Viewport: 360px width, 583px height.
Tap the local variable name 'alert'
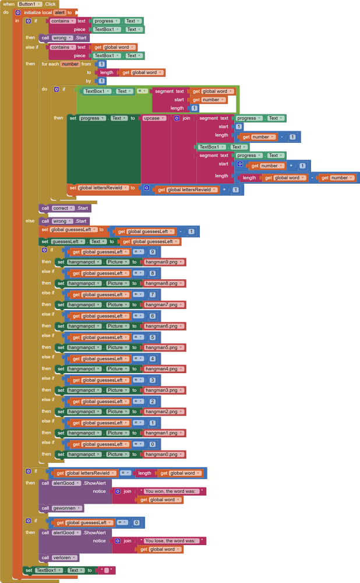60,12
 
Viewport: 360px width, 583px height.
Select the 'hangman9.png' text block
164,262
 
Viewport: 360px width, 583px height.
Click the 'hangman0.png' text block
164,454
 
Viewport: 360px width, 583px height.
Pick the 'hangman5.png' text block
164,347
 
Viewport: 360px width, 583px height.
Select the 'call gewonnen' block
61,508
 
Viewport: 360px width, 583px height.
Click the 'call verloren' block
59,558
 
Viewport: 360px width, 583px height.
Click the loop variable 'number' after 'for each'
70,64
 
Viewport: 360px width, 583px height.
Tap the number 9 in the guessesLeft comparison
153,252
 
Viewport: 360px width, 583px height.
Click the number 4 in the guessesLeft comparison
153,359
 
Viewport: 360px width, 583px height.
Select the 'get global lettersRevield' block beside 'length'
84,473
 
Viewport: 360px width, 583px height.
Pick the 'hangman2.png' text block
164,412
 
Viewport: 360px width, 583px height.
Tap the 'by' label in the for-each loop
89,81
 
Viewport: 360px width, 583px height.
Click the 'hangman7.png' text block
164,305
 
